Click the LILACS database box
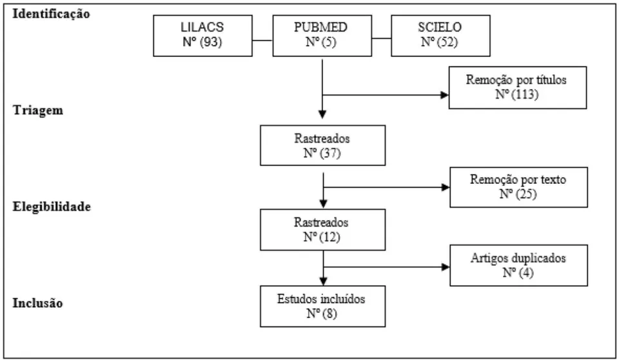tap(202, 35)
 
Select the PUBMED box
tap(322, 35)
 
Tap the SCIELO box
tap(440, 35)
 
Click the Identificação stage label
tap(52, 14)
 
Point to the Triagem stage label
tap(38, 110)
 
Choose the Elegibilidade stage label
tap(52, 206)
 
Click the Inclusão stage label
tap(38, 303)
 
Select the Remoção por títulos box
tap(518, 88)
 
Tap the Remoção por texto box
tap(518, 187)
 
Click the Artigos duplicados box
tap(518, 266)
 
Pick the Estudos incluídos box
tap(322, 306)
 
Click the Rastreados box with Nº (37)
tap(322, 145)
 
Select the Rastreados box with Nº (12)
tap(322, 230)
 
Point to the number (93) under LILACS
tap(211, 42)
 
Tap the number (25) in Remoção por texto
tap(526, 194)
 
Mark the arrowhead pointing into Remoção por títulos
tap(445, 95)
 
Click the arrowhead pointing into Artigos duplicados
tap(446, 267)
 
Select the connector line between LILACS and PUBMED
tap(262, 40)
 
